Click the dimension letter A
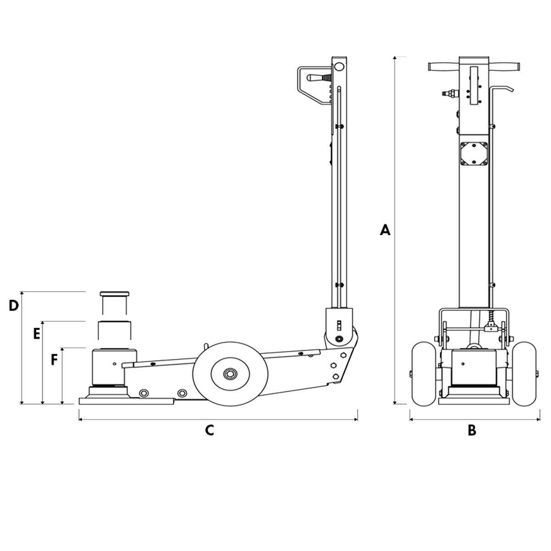(385, 230)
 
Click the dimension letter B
(472, 430)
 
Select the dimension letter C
(209, 430)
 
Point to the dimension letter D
(14, 305)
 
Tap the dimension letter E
(37, 334)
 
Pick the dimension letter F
(54, 360)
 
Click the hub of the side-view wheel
(228, 374)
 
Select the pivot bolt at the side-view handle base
(339, 339)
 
